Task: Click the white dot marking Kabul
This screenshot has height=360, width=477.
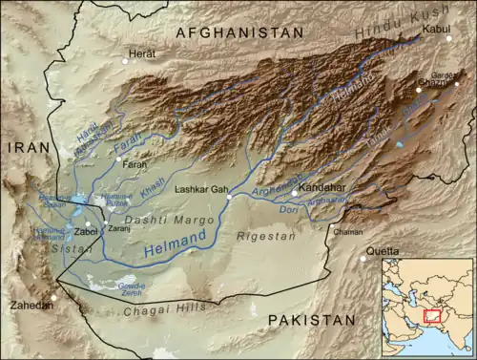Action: click(x=448, y=38)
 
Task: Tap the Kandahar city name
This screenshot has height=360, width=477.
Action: click(x=323, y=189)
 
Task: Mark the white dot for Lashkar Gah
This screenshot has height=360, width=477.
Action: click(x=230, y=198)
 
